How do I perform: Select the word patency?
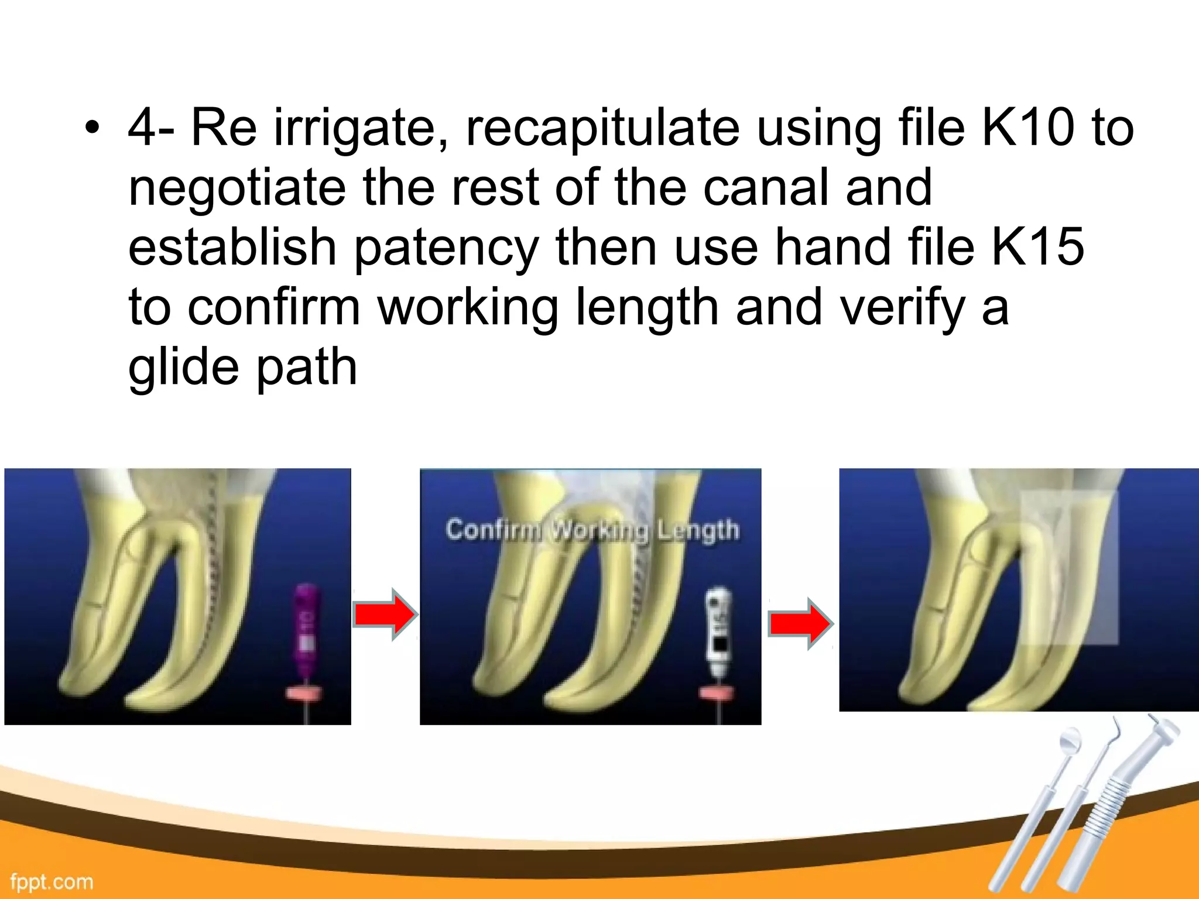[446, 248]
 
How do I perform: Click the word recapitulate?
[602, 129]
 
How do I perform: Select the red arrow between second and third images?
[800, 624]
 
